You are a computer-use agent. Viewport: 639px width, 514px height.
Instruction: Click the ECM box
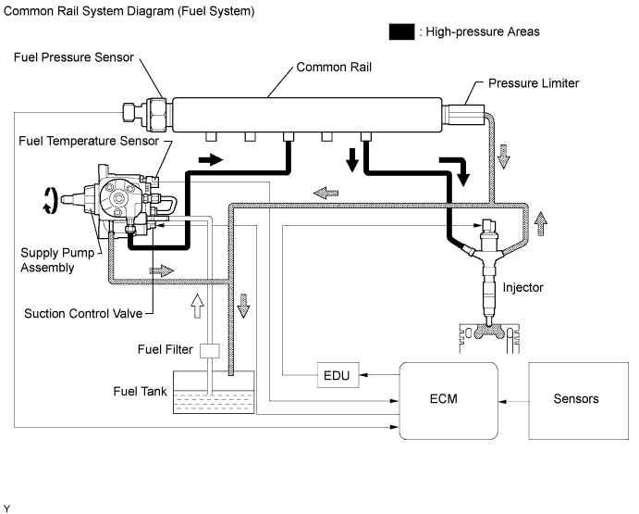click(x=449, y=399)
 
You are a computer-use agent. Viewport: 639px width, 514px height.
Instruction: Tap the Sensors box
click(x=575, y=399)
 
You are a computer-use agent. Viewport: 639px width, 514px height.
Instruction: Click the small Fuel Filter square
click(x=210, y=351)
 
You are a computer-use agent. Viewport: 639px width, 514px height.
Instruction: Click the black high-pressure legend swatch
click(x=401, y=31)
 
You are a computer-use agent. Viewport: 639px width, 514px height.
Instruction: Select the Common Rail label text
click(x=332, y=68)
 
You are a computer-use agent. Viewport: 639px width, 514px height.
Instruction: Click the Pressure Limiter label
click(x=534, y=83)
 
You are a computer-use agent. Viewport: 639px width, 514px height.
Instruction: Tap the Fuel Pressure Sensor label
click(x=74, y=56)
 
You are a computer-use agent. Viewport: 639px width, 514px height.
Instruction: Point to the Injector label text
click(x=523, y=288)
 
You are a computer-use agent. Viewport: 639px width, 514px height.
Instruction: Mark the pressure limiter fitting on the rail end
click(x=461, y=116)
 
